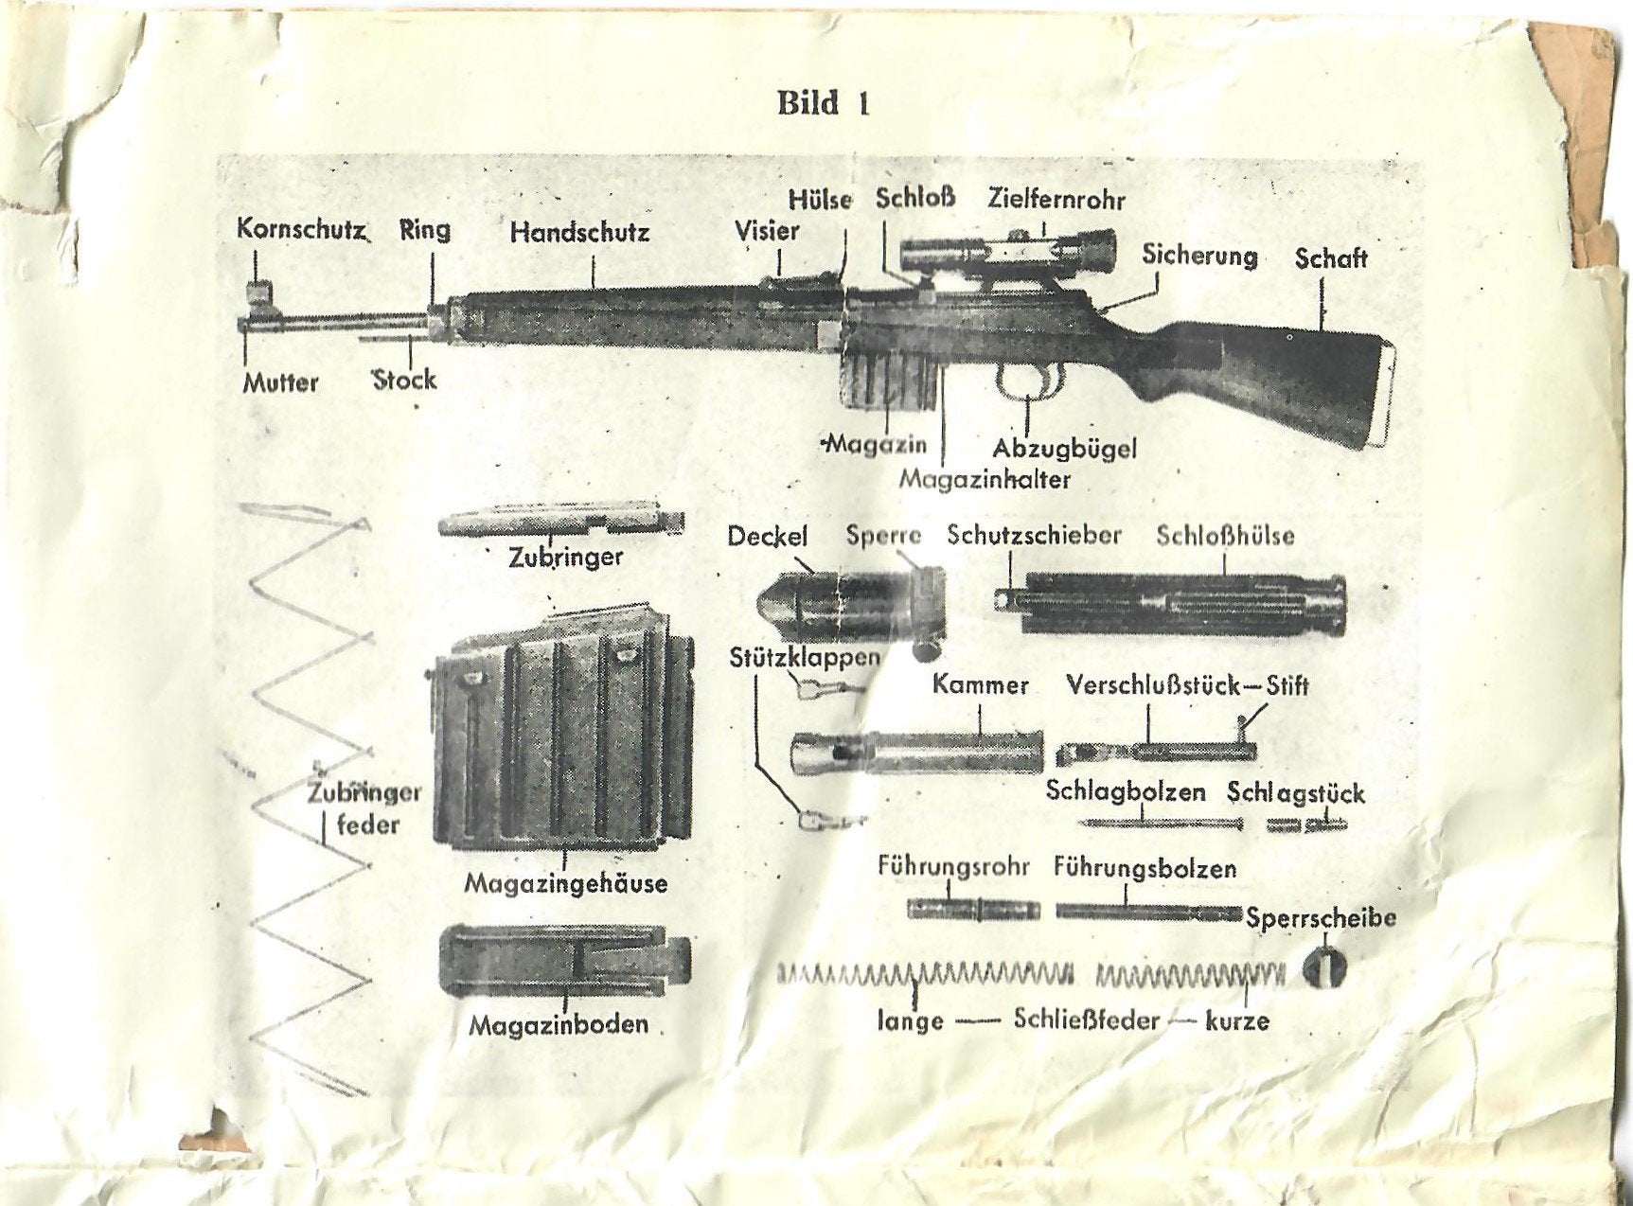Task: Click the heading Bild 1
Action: coord(822,102)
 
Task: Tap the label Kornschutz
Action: coord(300,229)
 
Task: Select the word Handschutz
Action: coord(579,232)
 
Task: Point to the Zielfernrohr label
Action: coord(1056,199)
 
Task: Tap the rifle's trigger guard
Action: coord(1027,383)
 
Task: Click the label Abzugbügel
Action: coord(1064,448)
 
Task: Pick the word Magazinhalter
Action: coord(985,479)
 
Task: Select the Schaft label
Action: coord(1330,258)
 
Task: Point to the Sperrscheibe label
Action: coord(1321,917)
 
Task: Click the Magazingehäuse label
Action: coord(565,884)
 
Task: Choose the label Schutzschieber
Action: coord(1034,535)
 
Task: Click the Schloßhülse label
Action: coord(1225,536)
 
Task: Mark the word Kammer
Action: coord(980,684)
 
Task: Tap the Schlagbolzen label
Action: coord(1125,791)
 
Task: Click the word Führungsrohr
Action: coord(953,866)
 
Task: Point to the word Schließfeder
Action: coord(1086,1020)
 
